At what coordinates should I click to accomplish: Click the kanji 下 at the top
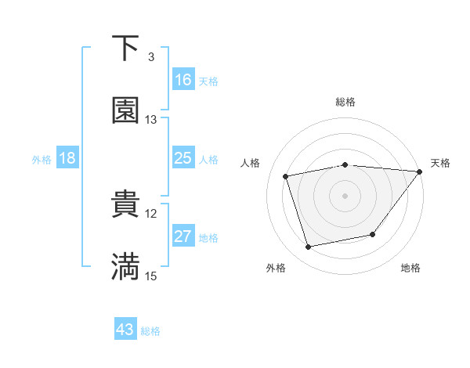point(125,49)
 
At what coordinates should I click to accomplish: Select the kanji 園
point(125,110)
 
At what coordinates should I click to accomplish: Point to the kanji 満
point(125,266)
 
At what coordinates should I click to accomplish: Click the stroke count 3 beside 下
point(150,57)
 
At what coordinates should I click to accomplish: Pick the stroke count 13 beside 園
point(151,120)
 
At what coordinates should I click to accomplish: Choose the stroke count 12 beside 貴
point(151,213)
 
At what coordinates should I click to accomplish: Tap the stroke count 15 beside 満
point(151,276)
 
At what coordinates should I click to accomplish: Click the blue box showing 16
point(183,80)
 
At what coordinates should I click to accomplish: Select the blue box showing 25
point(183,158)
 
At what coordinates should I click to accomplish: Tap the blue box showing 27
point(183,236)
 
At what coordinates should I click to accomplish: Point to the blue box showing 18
point(67,158)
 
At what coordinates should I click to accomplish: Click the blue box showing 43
point(125,330)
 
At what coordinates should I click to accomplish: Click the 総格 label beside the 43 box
point(150,331)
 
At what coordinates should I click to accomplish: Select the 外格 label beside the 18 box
point(42,159)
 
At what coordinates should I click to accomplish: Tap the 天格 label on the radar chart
point(440,163)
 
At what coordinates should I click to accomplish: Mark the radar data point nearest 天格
point(419,171)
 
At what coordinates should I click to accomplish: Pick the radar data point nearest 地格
point(373,234)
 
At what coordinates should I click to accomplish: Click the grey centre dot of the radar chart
point(345,195)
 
